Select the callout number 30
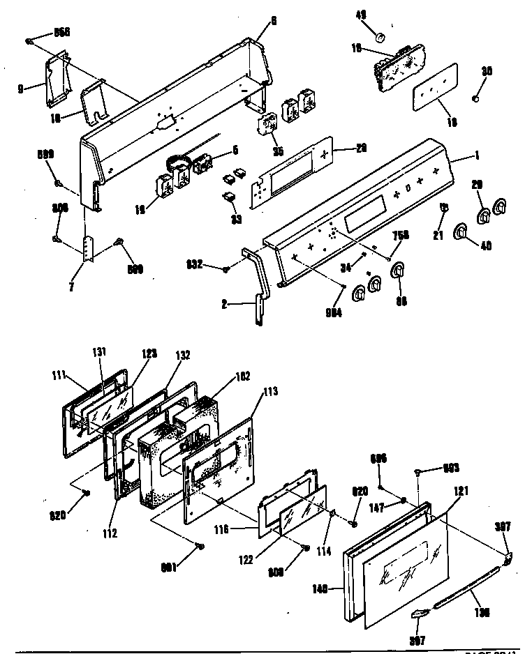click(487, 70)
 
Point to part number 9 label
click(22, 89)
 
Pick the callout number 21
click(439, 236)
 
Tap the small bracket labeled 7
click(87, 249)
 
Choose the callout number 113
click(270, 392)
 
